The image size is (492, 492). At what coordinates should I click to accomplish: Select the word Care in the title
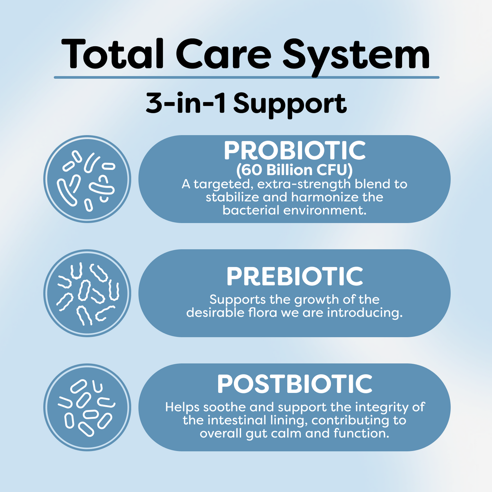click(x=223, y=54)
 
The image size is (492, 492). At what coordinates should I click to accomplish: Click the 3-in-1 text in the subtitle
click(x=186, y=104)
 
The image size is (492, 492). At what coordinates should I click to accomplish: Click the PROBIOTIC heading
click(x=295, y=151)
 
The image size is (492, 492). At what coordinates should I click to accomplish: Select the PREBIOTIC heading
click(x=295, y=276)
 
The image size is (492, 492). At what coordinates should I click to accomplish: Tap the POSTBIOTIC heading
click(x=295, y=384)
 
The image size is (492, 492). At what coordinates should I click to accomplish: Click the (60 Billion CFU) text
click(x=295, y=170)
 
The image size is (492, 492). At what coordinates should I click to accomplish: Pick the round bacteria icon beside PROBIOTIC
click(x=87, y=179)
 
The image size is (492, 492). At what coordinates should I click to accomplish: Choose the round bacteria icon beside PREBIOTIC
click(x=87, y=293)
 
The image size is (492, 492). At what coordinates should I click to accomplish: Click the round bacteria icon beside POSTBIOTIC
click(x=87, y=407)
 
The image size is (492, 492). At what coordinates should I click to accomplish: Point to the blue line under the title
click(x=247, y=78)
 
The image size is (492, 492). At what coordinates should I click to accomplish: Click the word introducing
click(x=365, y=313)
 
